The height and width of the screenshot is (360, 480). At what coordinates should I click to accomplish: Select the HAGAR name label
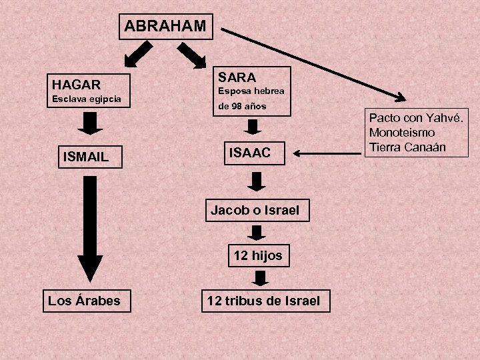pyautogui.click(x=77, y=85)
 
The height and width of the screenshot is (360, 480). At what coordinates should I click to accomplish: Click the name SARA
pyautogui.click(x=237, y=77)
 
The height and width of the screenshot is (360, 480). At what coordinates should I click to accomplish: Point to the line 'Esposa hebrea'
pyautogui.click(x=251, y=91)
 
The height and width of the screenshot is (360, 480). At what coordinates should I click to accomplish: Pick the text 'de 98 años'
pyautogui.click(x=242, y=107)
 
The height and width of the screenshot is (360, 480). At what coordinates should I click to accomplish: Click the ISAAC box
pyautogui.click(x=250, y=153)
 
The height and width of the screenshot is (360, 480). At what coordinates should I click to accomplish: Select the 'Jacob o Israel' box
pyautogui.click(x=255, y=211)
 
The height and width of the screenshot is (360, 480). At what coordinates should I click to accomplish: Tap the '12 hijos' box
pyautogui.click(x=257, y=255)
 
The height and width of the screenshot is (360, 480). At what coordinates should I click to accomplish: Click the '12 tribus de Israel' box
pyautogui.click(x=263, y=301)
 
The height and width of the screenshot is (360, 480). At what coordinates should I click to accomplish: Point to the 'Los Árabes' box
pyautogui.click(x=84, y=301)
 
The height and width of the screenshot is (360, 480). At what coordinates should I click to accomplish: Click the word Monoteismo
pyautogui.click(x=402, y=133)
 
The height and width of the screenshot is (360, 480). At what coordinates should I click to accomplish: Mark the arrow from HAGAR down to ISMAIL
pyautogui.click(x=91, y=123)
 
